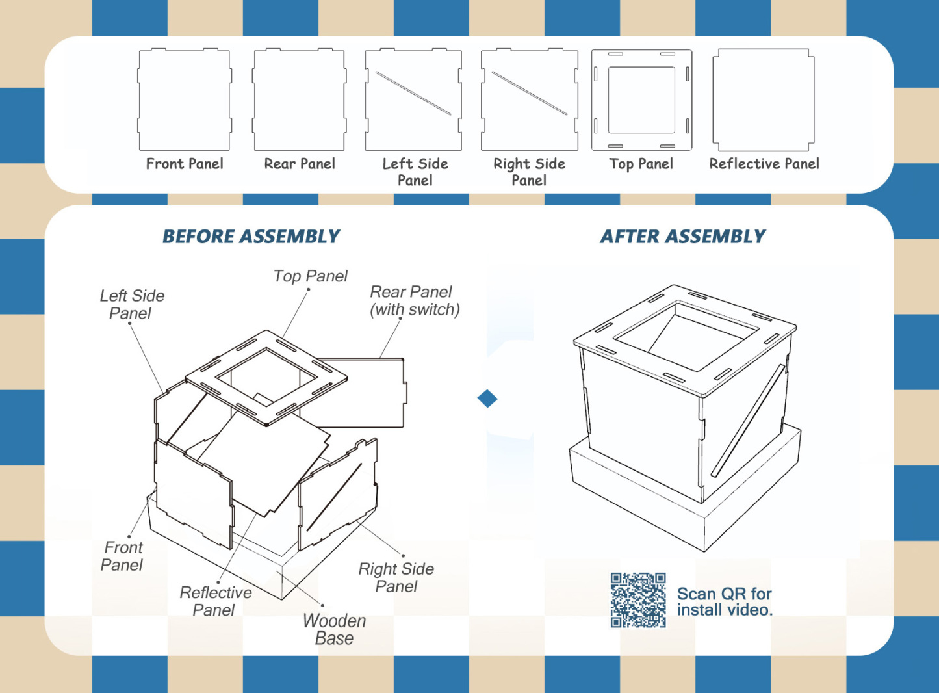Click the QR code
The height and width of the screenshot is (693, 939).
tap(638, 600)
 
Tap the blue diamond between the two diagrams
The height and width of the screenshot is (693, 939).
tap(487, 399)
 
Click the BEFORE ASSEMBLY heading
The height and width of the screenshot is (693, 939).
tap(251, 237)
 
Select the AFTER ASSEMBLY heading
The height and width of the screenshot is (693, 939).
tap(682, 237)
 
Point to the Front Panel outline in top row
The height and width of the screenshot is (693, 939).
tap(185, 99)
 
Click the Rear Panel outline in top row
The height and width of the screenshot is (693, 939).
tap(299, 99)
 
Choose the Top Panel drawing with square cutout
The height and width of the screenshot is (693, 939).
tap(641, 99)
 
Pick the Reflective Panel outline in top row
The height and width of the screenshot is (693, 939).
tap(764, 99)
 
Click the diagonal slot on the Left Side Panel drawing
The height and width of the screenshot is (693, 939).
tap(413, 93)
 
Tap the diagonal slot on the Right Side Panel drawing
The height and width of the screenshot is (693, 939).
tap(529, 93)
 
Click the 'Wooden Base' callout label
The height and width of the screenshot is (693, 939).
tap(334, 629)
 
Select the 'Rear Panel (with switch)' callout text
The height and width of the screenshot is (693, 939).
tap(414, 301)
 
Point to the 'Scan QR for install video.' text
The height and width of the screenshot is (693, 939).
tap(724, 602)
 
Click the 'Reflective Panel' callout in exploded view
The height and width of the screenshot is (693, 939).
tap(215, 601)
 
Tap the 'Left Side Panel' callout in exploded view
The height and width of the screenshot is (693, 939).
tap(132, 304)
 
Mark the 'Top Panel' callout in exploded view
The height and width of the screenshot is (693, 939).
tap(310, 276)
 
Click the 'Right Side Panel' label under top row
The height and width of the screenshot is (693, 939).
tap(529, 172)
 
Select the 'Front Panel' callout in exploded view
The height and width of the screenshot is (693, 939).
tap(122, 556)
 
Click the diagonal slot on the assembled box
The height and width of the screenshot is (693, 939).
tap(747, 421)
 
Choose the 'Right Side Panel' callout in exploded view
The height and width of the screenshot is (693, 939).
tap(396, 577)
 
